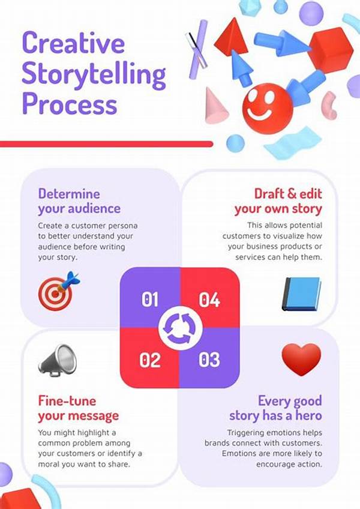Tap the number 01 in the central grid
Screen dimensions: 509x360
pos(150,299)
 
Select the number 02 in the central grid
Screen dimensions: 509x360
pos(150,360)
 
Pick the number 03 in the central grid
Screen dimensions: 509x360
pos(209,360)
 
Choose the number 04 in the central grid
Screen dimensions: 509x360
pos(209,299)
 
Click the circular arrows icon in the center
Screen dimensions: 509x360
pos(179,329)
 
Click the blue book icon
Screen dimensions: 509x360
pos(301,293)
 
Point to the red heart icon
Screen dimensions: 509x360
pos(301,359)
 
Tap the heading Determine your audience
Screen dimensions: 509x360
pos(79,201)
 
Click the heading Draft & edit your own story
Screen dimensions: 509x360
pos(278,201)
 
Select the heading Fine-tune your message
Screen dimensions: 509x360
pos(78,408)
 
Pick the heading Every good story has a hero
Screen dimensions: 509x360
pos(275,408)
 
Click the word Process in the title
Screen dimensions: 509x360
pos(69,104)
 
